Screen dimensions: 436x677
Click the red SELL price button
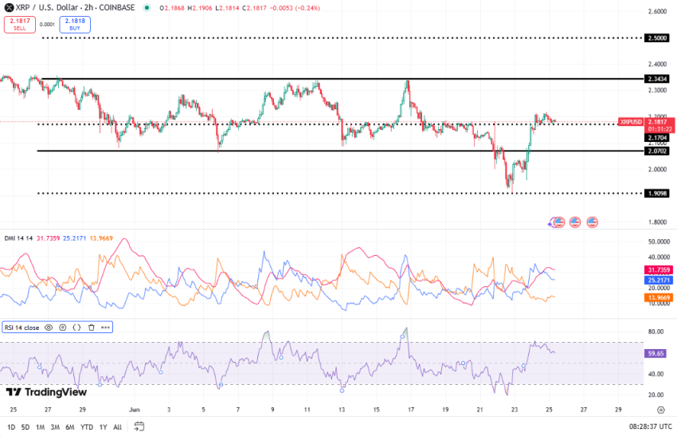[x=19, y=24]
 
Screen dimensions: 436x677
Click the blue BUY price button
[x=74, y=24]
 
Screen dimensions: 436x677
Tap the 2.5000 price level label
[x=657, y=37]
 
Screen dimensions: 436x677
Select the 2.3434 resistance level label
[x=657, y=80]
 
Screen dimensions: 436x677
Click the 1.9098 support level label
[x=657, y=193]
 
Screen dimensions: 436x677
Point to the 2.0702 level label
[x=657, y=151]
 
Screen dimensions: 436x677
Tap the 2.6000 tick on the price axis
[x=657, y=11]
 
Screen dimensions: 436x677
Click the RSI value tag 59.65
[x=655, y=352]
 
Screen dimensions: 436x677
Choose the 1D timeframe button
[x=11, y=426]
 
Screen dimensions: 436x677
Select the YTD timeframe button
[x=87, y=426]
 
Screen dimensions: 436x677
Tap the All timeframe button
[x=117, y=426]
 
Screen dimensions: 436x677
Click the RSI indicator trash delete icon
[x=91, y=327]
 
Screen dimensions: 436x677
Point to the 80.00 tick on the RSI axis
[x=657, y=332]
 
